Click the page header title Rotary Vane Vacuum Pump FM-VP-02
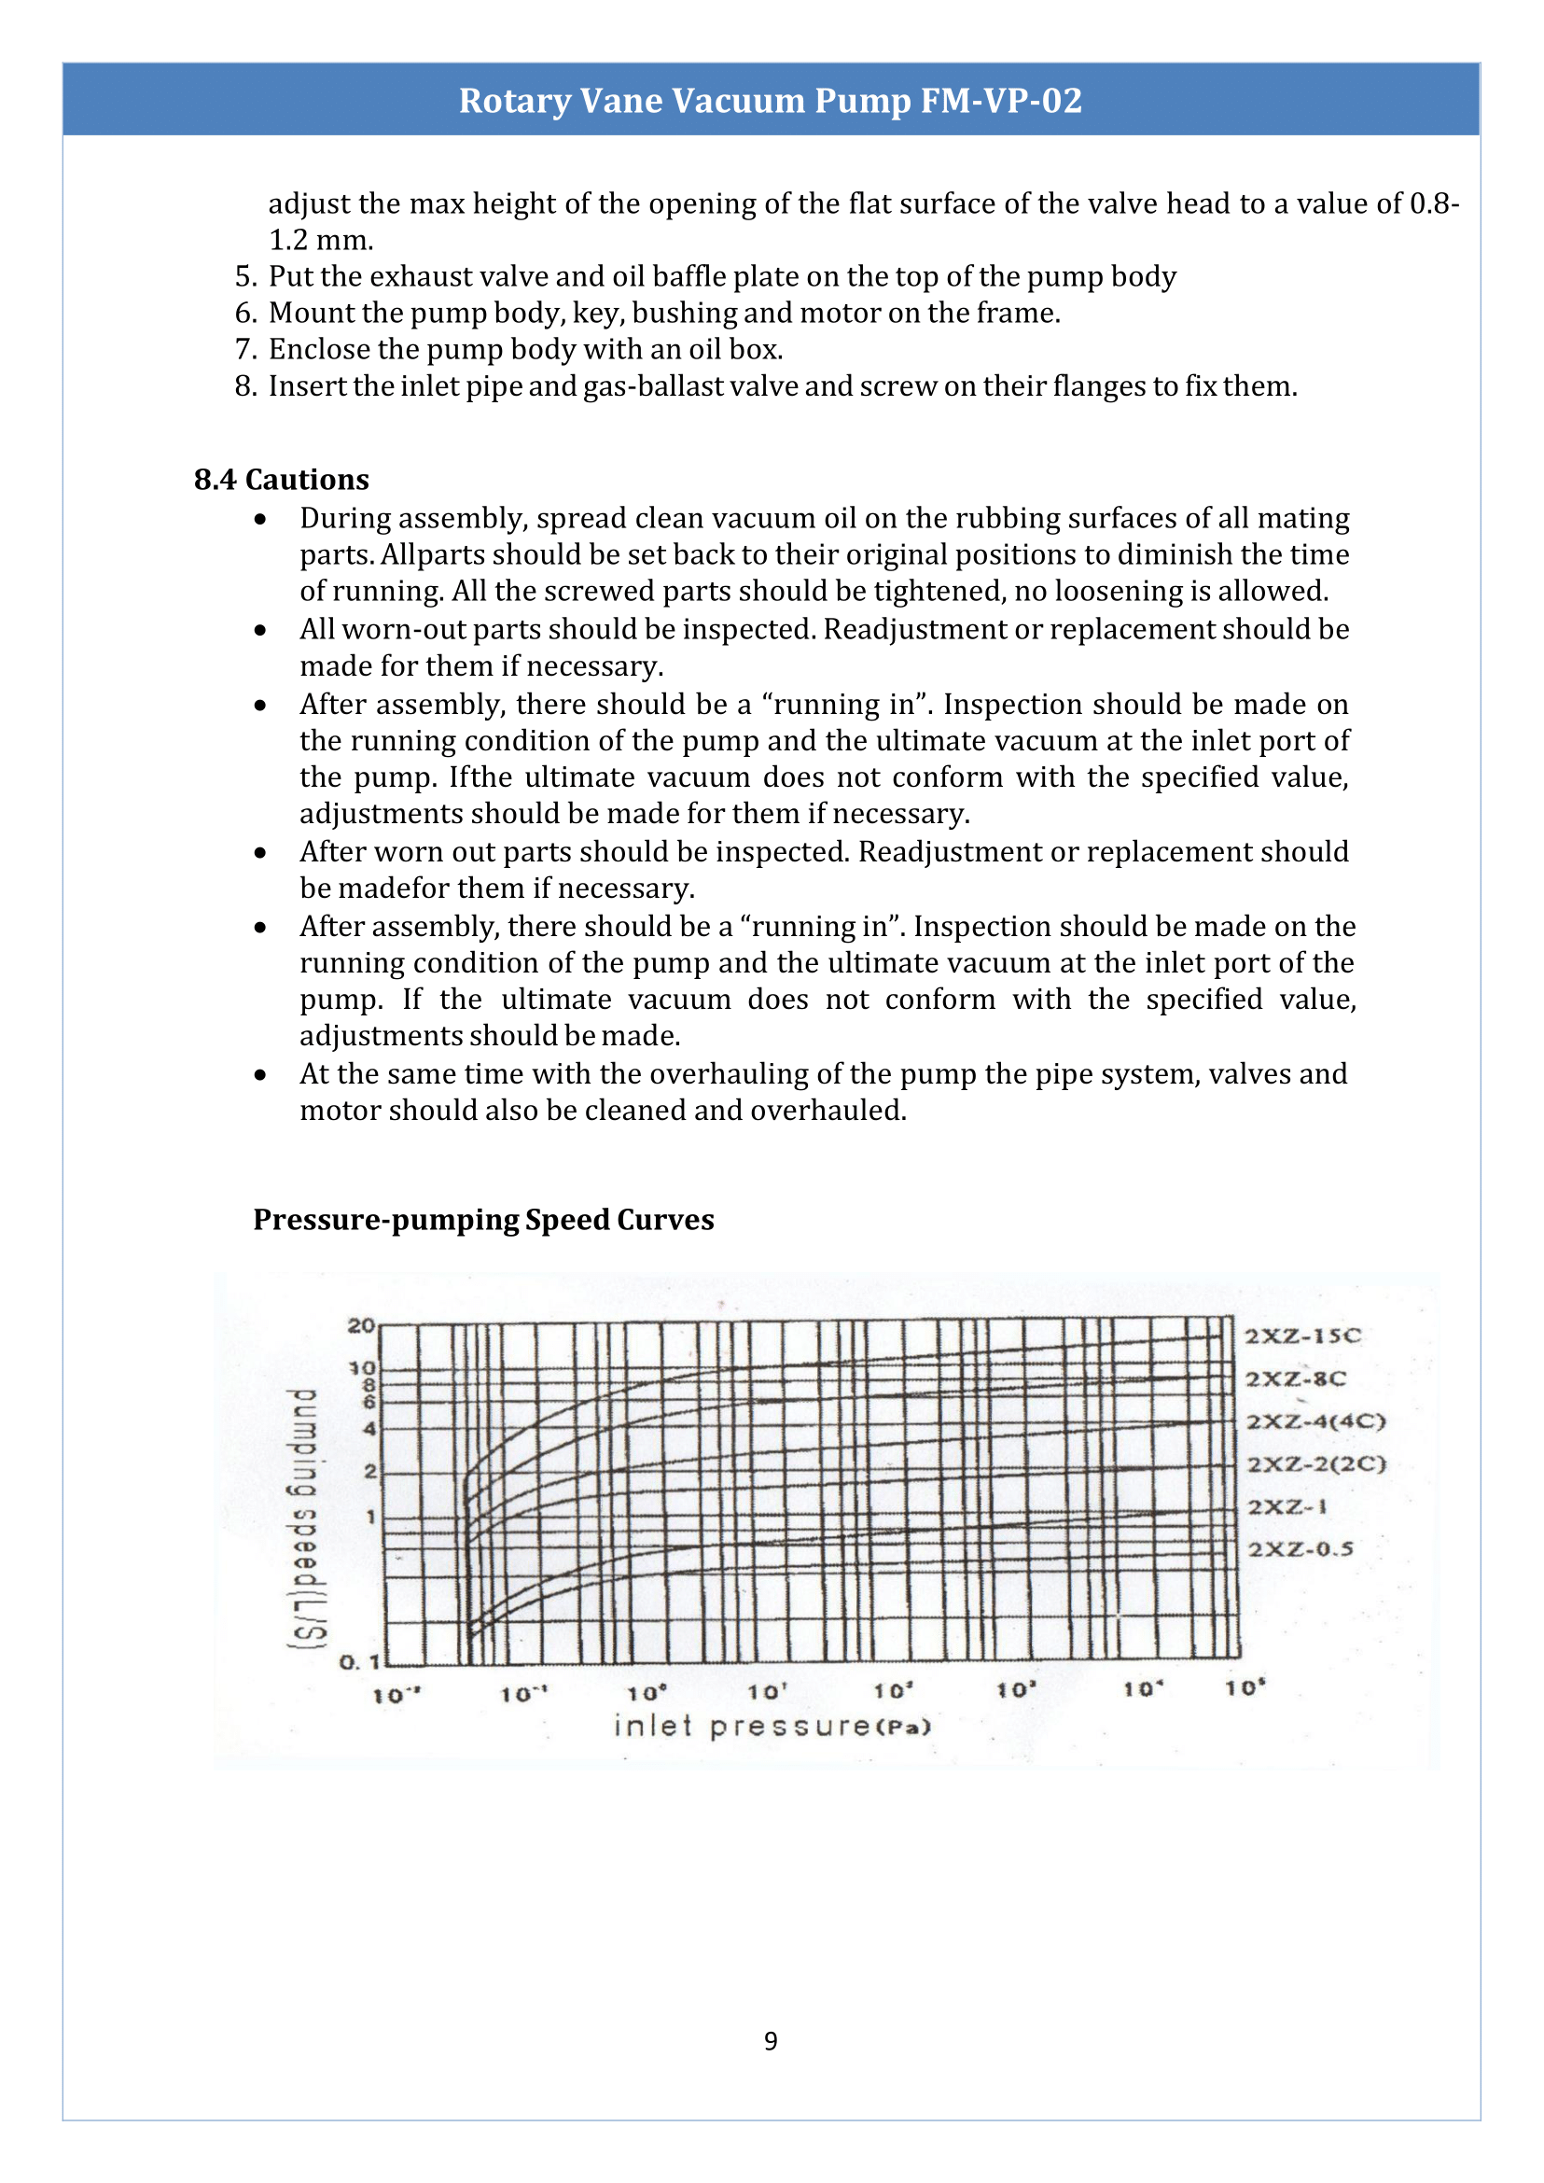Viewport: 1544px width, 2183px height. tap(770, 101)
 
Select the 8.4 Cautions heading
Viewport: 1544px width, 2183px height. tap(282, 480)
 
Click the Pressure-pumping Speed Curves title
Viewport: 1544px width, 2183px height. tap(483, 1220)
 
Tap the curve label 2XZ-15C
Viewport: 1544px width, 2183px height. tap(1303, 1336)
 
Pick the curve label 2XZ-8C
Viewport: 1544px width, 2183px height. tap(1296, 1379)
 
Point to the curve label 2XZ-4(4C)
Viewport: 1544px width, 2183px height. tap(1315, 1422)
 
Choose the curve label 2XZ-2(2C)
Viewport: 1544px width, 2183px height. tap(1316, 1464)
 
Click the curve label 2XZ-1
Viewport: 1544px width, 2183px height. tap(1287, 1506)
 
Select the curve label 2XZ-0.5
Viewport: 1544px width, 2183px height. tap(1300, 1549)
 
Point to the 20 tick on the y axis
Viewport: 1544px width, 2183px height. tap(361, 1325)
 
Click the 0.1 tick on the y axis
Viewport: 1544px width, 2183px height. tap(359, 1663)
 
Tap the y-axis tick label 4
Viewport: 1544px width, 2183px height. tap(369, 1429)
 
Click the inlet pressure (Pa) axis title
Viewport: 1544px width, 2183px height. tap(772, 1727)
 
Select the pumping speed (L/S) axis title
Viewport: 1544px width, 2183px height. tap(306, 1518)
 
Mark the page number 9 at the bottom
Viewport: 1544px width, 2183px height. tap(770, 2041)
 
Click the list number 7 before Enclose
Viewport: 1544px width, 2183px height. tap(245, 350)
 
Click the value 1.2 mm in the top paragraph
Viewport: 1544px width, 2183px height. tap(320, 241)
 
